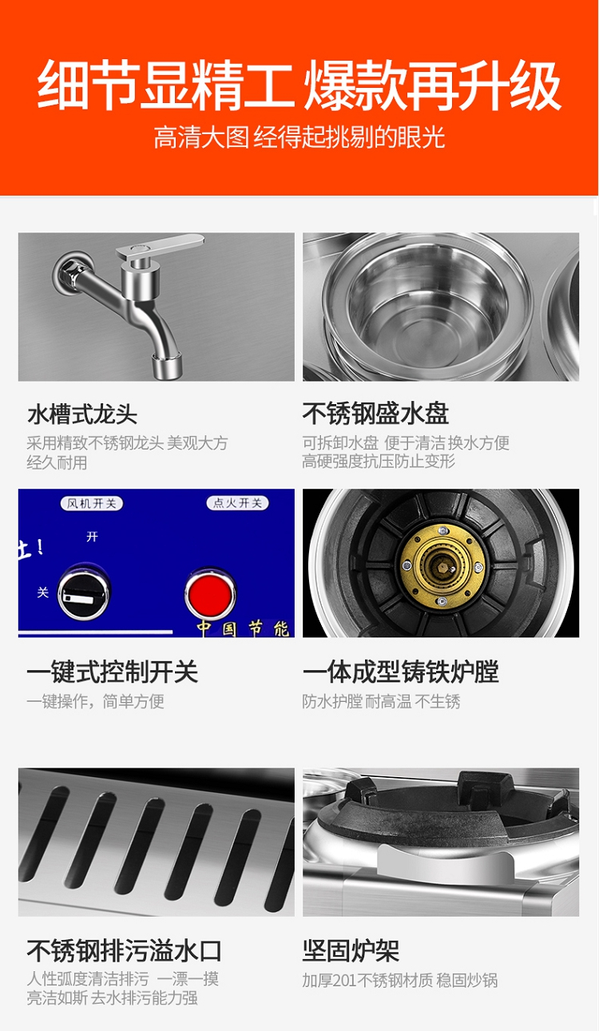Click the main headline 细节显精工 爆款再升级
(x=299, y=85)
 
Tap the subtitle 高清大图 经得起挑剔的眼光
(x=299, y=137)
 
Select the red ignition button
(x=210, y=593)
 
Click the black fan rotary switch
(x=84, y=593)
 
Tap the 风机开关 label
(x=92, y=504)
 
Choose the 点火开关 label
(x=237, y=503)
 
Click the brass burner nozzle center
(x=441, y=566)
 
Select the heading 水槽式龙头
(x=82, y=414)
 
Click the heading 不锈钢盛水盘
(x=375, y=413)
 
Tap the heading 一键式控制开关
(x=113, y=672)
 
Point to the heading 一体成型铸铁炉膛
(x=401, y=672)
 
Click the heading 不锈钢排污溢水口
(x=125, y=950)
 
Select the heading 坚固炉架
(x=351, y=950)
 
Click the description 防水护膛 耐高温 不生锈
(x=381, y=701)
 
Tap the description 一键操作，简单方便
(x=95, y=701)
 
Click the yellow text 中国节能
(x=243, y=629)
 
